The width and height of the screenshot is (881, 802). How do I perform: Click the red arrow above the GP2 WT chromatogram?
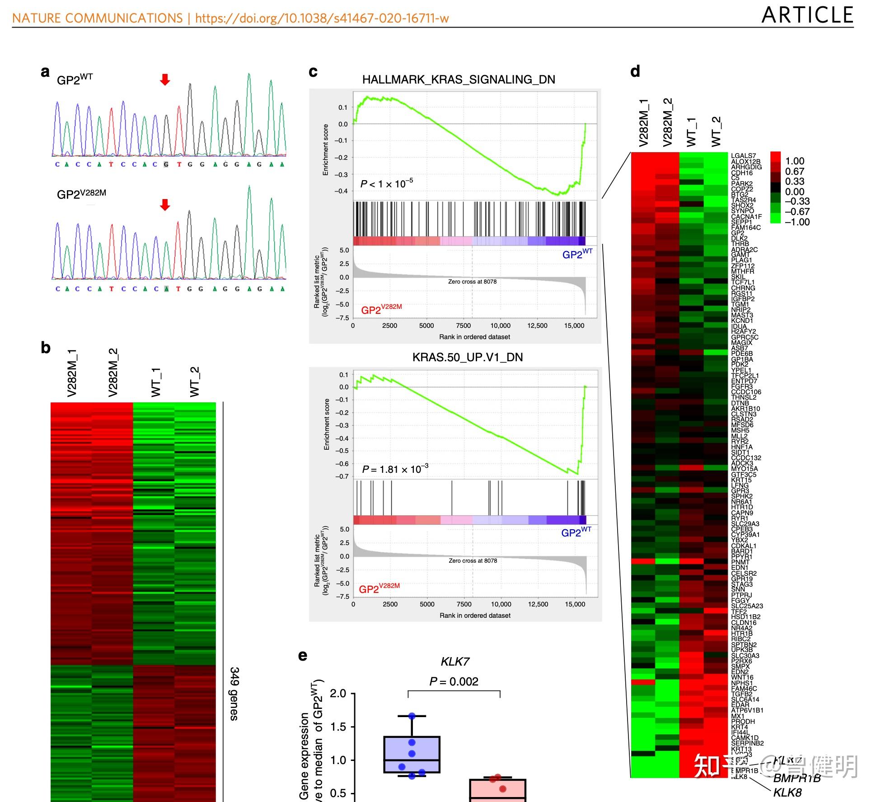tap(165, 80)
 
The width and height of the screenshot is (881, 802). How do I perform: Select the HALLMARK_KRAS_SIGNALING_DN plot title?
tap(459, 80)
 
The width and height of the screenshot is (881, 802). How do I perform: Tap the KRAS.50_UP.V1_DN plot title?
tap(467, 357)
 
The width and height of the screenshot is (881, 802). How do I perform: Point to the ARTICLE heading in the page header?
tap(807, 15)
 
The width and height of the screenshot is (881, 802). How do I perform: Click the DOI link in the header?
tap(322, 18)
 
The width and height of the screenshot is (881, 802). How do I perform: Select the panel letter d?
tap(635, 71)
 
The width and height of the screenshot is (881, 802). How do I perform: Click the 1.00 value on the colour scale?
tap(795, 161)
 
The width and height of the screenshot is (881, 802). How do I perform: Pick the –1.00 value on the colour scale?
tap(797, 222)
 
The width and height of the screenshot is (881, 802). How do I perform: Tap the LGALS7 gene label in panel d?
tap(743, 156)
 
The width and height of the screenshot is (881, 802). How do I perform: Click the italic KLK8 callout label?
tap(787, 792)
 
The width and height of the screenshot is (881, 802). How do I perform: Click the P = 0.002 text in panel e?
tap(454, 681)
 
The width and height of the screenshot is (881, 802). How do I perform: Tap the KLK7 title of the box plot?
tap(455, 662)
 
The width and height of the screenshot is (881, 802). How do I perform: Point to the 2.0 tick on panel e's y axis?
tap(338, 693)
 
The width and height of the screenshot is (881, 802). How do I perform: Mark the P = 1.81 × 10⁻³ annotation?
tap(395, 469)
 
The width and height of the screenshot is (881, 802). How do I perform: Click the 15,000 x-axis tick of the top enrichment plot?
tap(574, 326)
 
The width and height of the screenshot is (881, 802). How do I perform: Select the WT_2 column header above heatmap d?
tap(716, 131)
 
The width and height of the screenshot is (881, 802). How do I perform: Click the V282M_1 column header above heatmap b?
tap(72, 373)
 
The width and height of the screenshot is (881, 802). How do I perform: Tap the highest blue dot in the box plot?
tap(412, 716)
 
